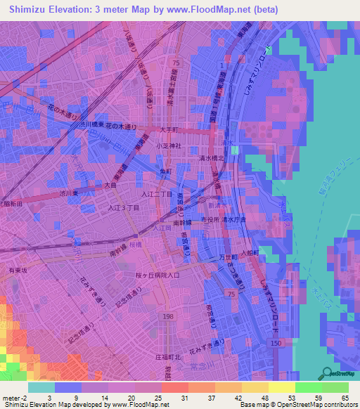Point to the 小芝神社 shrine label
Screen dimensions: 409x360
(x=169, y=145)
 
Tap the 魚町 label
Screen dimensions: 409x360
(x=165, y=171)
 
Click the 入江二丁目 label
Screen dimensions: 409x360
(x=157, y=193)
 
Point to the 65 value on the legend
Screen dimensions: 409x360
(x=345, y=398)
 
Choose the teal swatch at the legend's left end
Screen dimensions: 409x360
(x=41, y=387)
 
